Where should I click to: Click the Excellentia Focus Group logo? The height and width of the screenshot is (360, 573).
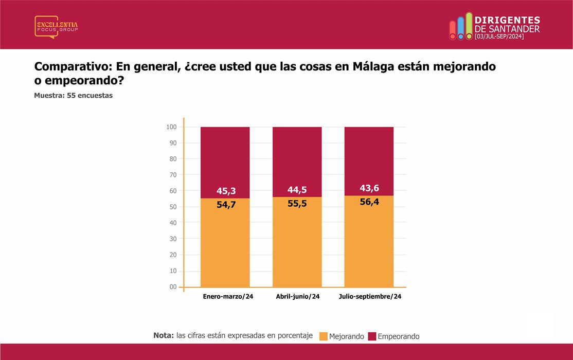pos(56,27)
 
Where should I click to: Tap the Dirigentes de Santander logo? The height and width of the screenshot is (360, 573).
pos(494,26)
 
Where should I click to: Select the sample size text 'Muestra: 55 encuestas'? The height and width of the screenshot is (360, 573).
pos(73,95)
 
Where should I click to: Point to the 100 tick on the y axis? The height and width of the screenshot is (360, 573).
pos(171,127)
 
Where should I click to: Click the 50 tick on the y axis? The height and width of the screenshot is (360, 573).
pos(173,207)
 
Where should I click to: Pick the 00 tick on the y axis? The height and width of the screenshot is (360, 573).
pos(173,287)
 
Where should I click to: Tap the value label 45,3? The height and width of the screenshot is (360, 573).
pos(226,191)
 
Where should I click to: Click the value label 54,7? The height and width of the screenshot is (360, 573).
pos(226,205)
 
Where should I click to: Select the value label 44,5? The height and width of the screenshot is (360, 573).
pos(297,190)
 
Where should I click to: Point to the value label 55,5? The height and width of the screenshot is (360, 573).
pos(297,204)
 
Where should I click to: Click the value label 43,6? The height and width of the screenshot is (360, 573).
pos(369,188)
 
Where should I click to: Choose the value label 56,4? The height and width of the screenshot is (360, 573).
pos(369,202)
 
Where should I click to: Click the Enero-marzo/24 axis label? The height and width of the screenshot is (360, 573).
pos(228,296)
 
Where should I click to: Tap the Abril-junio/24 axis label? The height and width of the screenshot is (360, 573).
pos(298,296)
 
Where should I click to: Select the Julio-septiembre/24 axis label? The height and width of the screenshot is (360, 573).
pos(370,296)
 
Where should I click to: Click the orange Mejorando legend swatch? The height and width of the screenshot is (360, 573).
pos(324,336)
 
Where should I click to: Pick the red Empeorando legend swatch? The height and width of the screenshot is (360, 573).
pos(372,336)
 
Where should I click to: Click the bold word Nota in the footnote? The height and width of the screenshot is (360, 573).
pos(164,335)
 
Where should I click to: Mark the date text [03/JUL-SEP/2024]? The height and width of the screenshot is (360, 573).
pos(499,37)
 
